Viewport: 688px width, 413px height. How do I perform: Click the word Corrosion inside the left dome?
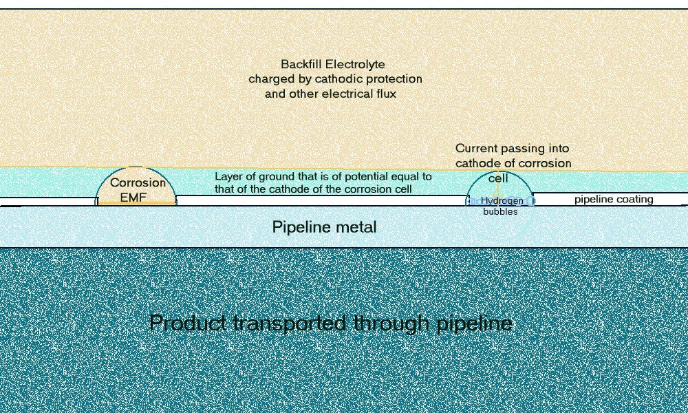(138, 182)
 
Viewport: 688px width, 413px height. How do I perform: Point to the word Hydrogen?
(502, 201)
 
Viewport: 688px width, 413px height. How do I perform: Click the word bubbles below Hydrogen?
(500, 212)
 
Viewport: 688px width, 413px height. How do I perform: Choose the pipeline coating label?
(614, 200)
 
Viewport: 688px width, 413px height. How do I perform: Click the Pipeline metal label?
(324, 226)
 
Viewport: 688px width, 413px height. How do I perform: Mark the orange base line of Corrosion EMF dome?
(136, 204)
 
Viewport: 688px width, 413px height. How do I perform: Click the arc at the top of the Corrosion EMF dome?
(136, 167)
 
